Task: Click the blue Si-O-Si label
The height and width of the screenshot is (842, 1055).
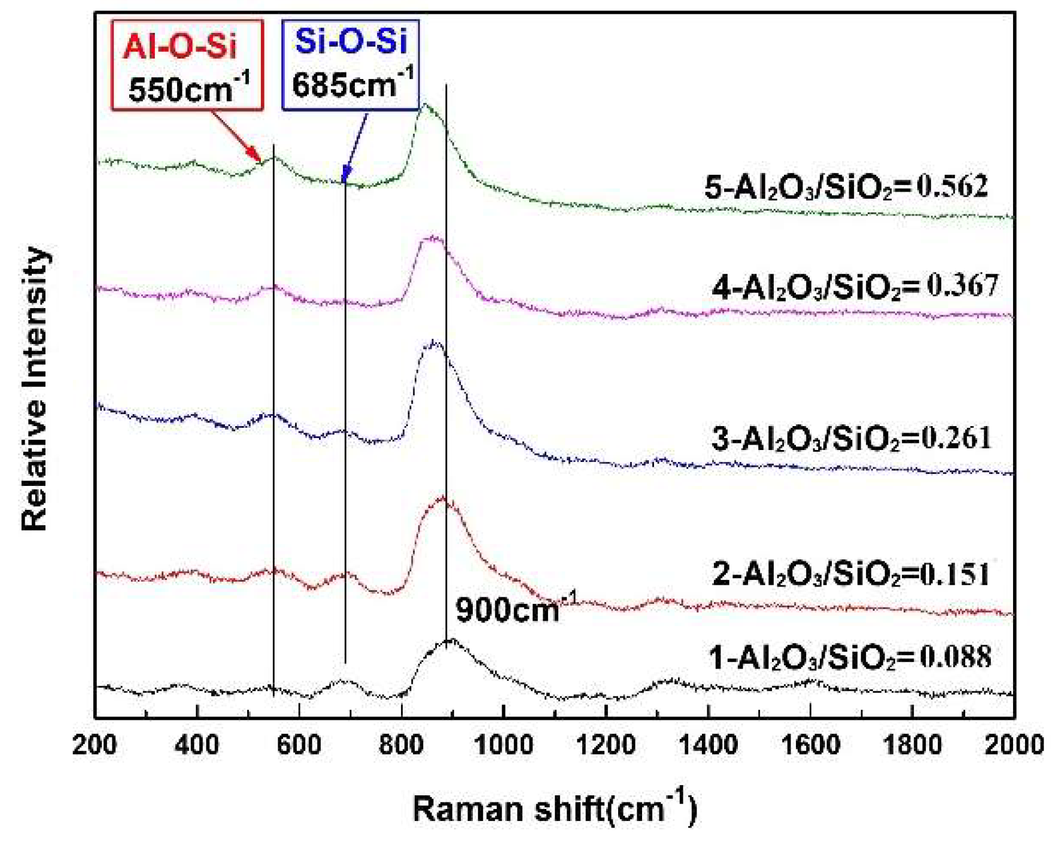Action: (x=351, y=42)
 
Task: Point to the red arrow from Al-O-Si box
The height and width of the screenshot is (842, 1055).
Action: (x=236, y=137)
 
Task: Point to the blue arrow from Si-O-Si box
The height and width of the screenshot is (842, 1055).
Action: (x=355, y=147)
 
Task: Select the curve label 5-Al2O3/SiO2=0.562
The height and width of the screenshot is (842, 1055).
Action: (x=846, y=187)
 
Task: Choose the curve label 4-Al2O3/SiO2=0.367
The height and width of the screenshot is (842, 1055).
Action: (x=855, y=287)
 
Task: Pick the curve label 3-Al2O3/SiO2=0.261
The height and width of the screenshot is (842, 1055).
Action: (x=851, y=439)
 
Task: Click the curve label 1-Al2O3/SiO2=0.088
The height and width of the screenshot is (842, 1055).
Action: (x=850, y=657)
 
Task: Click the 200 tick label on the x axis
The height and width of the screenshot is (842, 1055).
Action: (x=96, y=745)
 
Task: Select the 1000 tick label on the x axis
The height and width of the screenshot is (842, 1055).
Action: (x=503, y=745)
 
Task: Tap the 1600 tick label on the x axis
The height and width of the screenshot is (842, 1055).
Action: (x=810, y=745)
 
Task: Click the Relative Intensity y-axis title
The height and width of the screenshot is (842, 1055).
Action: (x=34, y=389)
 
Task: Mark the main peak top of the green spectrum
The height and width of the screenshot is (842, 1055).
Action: (x=425, y=105)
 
